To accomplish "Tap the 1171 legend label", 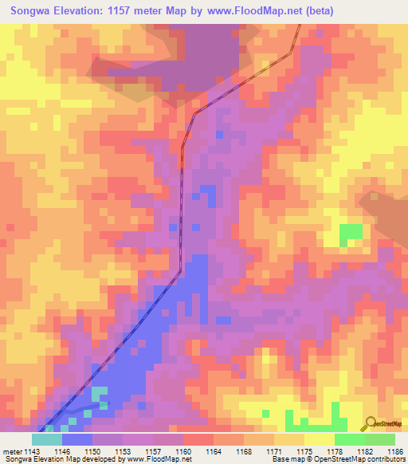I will (x=273, y=450).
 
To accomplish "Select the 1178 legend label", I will (x=334, y=450).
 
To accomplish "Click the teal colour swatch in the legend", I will (x=47, y=439).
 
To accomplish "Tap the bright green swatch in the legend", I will (x=349, y=439).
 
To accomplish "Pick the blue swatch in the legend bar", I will (x=77, y=439).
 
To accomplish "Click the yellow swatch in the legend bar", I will (x=319, y=439).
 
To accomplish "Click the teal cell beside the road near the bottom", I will (x=99, y=393).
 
